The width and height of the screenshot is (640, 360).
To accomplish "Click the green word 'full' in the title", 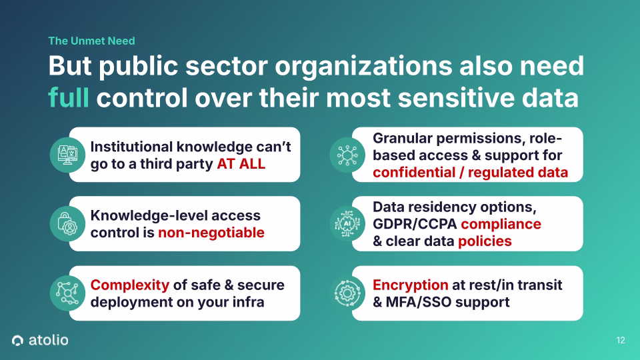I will tap(69, 97).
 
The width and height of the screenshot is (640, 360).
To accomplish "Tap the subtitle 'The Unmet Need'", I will tap(91, 41).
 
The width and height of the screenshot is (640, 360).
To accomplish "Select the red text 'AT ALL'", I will tap(241, 163).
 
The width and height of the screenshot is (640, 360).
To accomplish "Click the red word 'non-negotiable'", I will tap(211, 232).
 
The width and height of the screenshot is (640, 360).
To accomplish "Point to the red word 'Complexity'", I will tap(129, 285).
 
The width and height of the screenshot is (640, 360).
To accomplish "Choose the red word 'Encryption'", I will tap(410, 285).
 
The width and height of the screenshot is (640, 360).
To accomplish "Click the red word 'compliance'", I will tap(501, 223).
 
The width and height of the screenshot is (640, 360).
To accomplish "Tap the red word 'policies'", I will tap(485, 241).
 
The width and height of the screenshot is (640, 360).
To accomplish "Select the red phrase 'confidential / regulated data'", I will tap(470, 172).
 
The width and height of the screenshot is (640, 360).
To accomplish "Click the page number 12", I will tap(621, 341).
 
